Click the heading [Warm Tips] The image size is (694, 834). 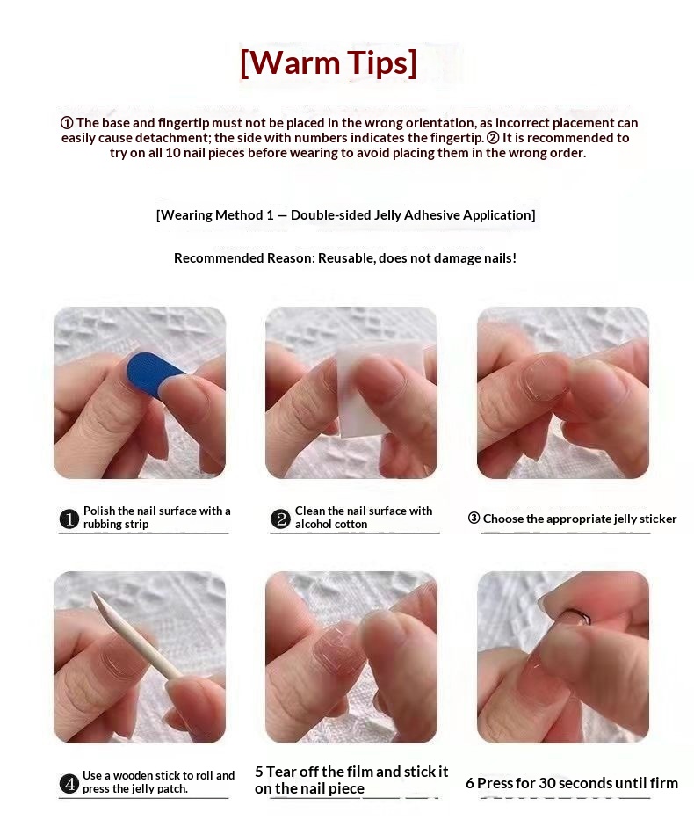coord(329,62)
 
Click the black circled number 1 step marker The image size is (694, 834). coord(69,519)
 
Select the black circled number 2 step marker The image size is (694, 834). coord(280,519)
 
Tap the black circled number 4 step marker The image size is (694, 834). coord(69,784)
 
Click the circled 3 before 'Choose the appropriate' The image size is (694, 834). coord(474,518)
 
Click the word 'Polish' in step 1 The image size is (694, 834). coord(99,511)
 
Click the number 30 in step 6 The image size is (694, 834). coord(547,783)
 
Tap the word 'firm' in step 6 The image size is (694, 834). coord(663,783)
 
